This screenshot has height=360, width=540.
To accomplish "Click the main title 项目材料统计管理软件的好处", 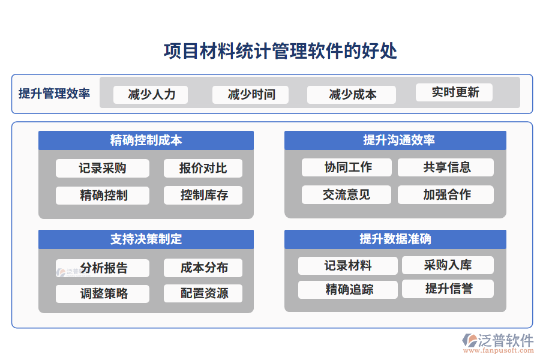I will (x=280, y=52).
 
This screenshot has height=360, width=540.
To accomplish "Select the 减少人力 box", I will (x=151, y=94).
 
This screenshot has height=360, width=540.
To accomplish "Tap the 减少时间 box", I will (x=250, y=94).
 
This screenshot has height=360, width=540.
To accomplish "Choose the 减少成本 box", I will (x=351, y=94).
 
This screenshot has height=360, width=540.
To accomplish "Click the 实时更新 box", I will (x=454, y=92).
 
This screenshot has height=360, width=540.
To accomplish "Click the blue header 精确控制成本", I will (x=146, y=140).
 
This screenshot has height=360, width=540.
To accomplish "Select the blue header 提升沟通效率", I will (x=395, y=140).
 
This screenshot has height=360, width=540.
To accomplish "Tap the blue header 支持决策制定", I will (x=146, y=239).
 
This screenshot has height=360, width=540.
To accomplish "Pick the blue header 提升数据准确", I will (x=395, y=239).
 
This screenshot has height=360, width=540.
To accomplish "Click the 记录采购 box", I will (x=102, y=168).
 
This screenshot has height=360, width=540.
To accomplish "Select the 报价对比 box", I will (x=203, y=168).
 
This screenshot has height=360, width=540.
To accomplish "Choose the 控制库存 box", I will (x=203, y=195).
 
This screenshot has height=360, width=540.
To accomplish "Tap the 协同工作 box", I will (x=346, y=167).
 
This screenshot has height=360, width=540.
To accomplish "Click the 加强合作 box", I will (x=446, y=194).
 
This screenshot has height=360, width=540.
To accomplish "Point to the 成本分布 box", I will (x=203, y=268).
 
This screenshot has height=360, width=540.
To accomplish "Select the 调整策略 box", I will (x=102, y=293).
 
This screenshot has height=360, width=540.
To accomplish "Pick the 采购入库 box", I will (x=447, y=265).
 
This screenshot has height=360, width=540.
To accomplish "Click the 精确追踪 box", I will (x=348, y=289).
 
